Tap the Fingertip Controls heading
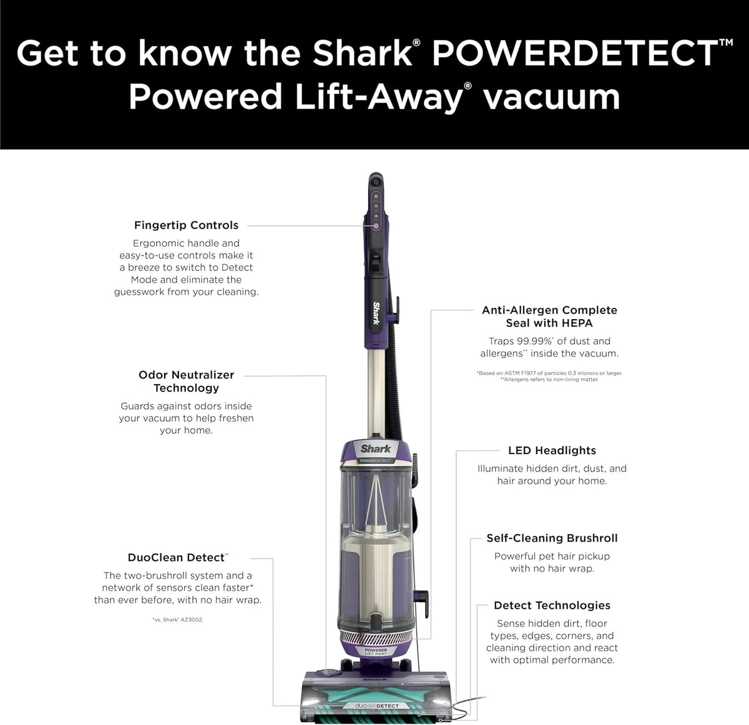pos(186,225)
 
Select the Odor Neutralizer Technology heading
pos(186,381)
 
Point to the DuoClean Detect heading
pos(176,558)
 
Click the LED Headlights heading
pos(552,450)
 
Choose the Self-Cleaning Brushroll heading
pos(552,538)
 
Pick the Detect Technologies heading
pos(552,605)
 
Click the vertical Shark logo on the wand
pos(376,313)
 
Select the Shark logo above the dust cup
pos(376,448)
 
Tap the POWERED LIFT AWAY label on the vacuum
pos(376,652)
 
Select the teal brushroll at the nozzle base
pos(376,719)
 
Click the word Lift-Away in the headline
pos(379,97)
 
